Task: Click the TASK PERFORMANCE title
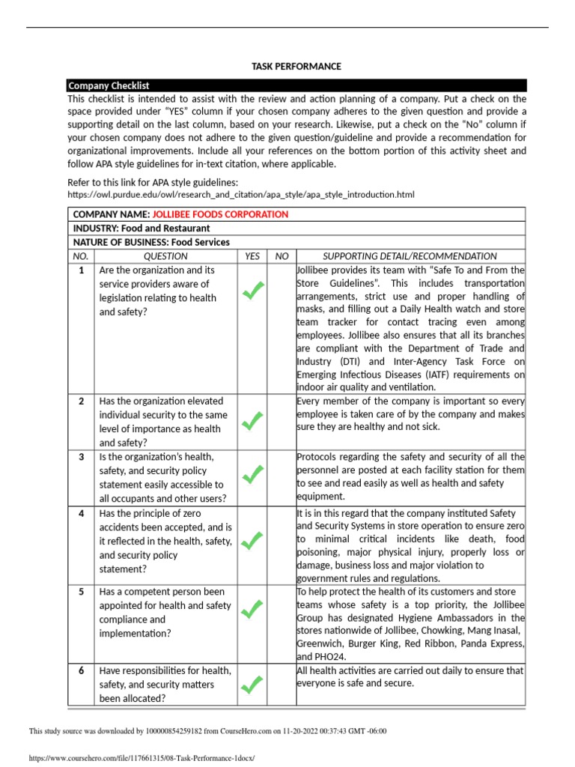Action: click(296, 67)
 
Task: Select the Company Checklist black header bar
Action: click(296, 85)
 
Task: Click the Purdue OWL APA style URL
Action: click(240, 195)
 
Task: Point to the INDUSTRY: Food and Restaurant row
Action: click(141, 228)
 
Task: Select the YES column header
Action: click(253, 256)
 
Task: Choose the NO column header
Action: click(282, 256)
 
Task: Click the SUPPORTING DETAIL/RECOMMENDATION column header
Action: click(410, 256)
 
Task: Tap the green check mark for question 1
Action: click(253, 291)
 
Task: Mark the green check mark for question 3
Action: click(253, 473)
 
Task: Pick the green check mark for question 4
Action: click(253, 538)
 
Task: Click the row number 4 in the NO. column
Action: click(81, 513)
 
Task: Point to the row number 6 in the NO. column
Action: click(81, 671)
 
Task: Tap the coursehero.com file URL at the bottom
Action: click(136, 758)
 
